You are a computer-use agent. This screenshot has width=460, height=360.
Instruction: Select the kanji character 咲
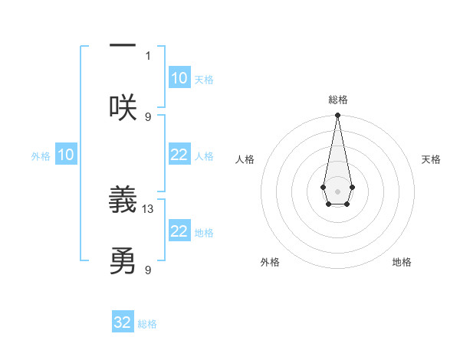pos(123,107)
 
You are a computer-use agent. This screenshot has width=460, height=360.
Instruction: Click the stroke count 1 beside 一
pos(148,55)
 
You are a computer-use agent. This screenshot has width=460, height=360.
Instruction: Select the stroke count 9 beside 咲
pos(148,116)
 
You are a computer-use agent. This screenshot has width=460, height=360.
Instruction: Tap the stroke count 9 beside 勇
pos(148,270)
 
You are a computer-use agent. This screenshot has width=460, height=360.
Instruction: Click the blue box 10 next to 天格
pos(179,78)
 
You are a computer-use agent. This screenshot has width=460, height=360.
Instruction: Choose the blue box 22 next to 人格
pos(179,155)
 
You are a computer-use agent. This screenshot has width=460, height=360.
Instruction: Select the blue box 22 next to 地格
pos(179,231)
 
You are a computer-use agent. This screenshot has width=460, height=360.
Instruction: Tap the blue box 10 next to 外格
pos(66,155)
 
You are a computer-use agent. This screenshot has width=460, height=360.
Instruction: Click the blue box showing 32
pos(123,322)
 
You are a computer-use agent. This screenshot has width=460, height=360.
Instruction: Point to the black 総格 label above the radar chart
pos(337,100)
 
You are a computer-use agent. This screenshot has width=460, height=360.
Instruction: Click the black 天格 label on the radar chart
pos(432,159)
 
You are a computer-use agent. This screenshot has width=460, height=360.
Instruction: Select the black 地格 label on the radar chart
pos(402,262)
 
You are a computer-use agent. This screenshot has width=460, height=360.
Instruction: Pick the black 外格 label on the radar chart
pos(270,262)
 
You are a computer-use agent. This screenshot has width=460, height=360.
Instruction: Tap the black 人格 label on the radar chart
pos(245,159)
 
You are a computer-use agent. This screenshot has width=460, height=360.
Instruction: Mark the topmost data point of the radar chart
pos(337,116)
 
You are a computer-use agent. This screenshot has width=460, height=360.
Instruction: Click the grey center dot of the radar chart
pos(337,191)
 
